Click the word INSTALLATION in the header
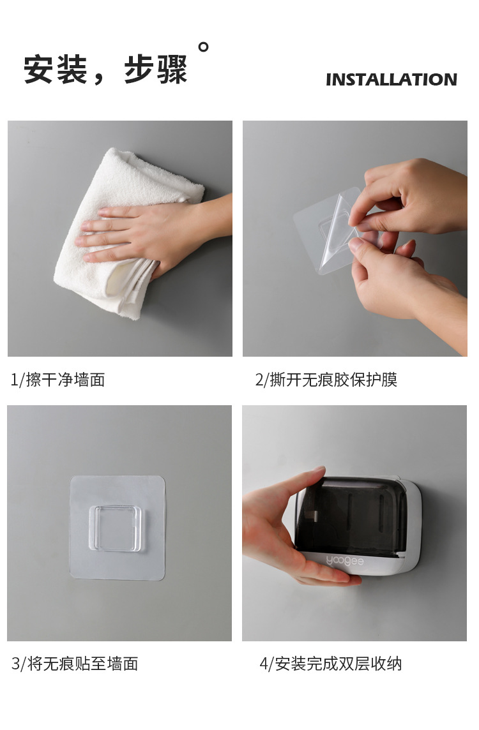click(x=391, y=80)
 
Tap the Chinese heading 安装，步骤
click(x=106, y=70)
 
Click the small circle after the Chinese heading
click(x=204, y=47)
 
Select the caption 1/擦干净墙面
click(x=57, y=380)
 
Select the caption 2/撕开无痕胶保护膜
click(x=326, y=380)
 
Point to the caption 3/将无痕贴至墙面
click(x=75, y=664)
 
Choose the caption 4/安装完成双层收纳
click(x=330, y=664)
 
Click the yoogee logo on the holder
click(x=345, y=562)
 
